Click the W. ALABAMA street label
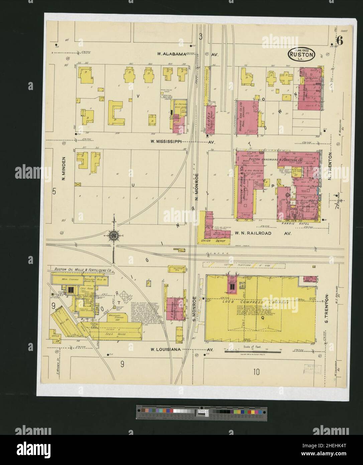[x=171, y=54]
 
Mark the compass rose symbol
[x=114, y=236]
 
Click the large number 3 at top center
[x=201, y=37]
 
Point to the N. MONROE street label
[x=197, y=183]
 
